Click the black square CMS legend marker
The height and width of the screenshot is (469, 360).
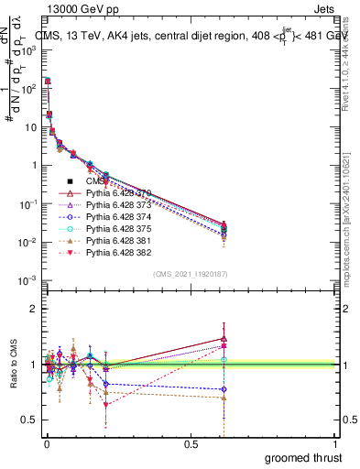coord(70,181)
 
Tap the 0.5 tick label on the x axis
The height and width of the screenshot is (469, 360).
coord(191,442)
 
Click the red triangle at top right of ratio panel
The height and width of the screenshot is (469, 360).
coord(224,339)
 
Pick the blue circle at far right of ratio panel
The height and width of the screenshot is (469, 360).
coord(224,389)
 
